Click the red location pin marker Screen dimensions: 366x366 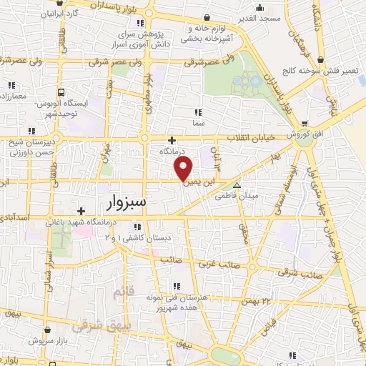184,170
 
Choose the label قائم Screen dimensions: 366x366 122,294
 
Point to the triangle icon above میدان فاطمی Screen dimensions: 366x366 237,184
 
